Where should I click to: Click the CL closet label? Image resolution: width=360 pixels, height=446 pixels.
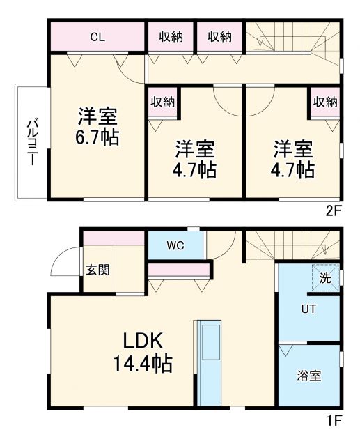coord(97,37)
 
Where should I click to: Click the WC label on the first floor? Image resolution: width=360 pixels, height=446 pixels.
coord(175,245)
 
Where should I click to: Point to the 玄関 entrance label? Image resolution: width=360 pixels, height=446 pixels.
coord(96,270)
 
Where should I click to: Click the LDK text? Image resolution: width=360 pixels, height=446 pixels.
coord(143,341)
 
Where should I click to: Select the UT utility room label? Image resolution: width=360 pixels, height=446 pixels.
coord(308,309)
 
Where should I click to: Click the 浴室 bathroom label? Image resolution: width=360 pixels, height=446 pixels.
coord(308,376)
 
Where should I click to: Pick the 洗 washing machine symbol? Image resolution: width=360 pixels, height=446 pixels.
coord(325,277)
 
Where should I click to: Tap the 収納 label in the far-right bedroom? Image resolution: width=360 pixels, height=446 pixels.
coord(324,102)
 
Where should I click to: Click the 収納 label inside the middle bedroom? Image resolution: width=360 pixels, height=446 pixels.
coord(162,102)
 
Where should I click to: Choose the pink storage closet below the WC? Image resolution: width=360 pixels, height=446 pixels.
coord(179,270)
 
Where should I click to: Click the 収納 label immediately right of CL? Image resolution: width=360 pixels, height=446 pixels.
coord(170,37)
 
